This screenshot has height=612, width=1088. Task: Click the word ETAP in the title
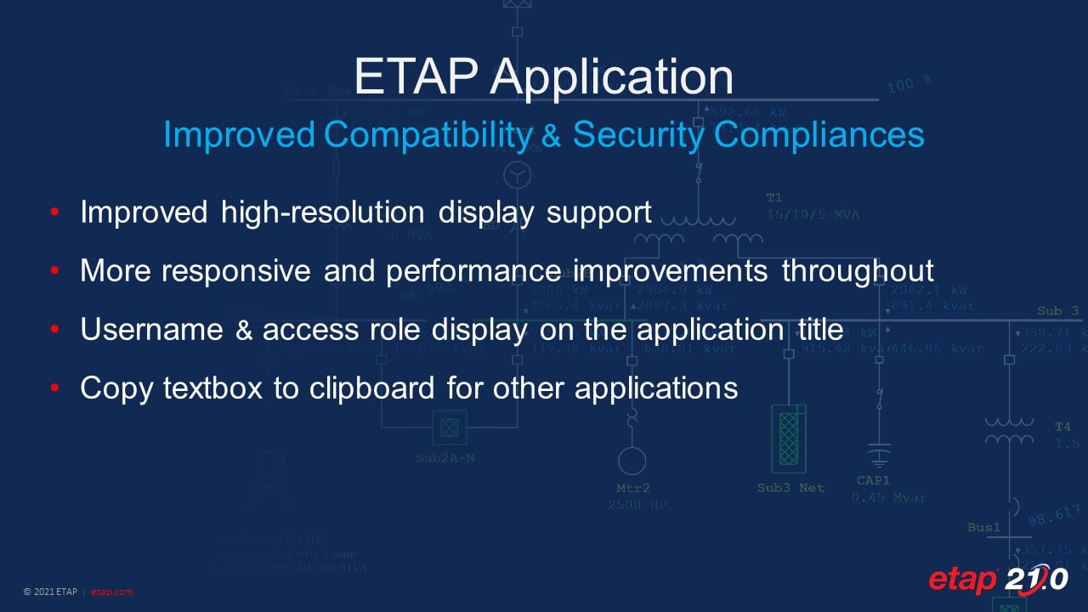[x=416, y=76]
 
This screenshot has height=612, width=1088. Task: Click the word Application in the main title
[x=611, y=78]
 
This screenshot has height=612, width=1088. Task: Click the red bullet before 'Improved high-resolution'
[x=54, y=212]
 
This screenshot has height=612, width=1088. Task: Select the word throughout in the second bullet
[x=858, y=271]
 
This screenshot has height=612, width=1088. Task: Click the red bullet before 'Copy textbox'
[x=54, y=388]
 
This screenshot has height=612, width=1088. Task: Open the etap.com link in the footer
[x=112, y=592]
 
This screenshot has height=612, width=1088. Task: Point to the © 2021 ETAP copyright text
[x=52, y=592]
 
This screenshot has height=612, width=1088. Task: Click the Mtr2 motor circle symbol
[x=632, y=461]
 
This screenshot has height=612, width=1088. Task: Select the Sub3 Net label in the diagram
[x=790, y=488]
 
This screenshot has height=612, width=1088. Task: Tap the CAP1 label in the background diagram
[x=873, y=481]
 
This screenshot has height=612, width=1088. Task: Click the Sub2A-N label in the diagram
[x=445, y=458]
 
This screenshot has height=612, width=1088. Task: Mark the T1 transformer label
[x=774, y=198]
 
